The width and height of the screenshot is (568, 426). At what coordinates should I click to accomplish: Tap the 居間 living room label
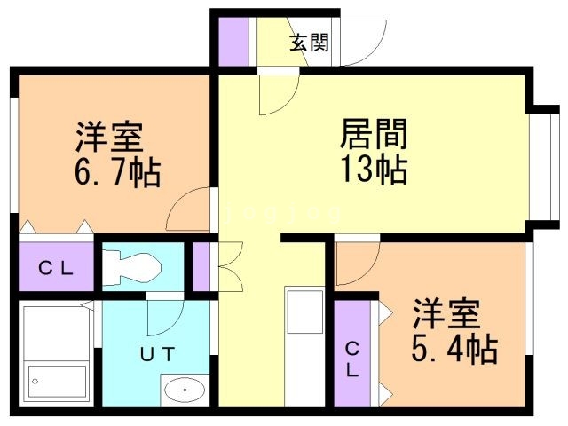point(374,135)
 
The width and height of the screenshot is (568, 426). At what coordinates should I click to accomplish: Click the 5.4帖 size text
point(454,349)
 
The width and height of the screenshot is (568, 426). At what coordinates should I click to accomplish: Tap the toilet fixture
point(130,264)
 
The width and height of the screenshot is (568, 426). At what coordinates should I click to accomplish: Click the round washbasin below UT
point(185,389)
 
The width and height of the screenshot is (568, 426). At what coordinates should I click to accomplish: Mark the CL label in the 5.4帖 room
point(352,359)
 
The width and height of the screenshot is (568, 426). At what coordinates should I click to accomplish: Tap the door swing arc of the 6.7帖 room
point(189,209)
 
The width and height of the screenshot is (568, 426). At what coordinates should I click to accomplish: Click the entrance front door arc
point(364,40)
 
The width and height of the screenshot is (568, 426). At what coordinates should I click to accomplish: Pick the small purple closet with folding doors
point(201,267)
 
